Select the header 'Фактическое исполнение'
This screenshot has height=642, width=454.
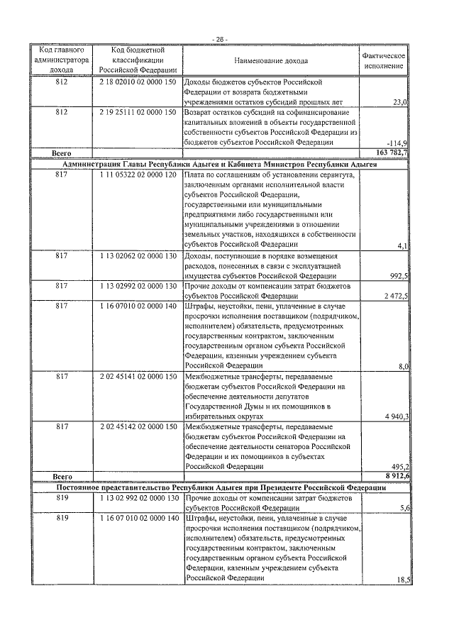384,61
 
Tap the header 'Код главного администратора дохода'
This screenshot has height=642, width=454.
61,61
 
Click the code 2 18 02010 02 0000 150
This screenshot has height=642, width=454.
138,82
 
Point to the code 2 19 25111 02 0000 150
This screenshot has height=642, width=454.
138,112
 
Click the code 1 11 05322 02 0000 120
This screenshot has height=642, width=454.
138,175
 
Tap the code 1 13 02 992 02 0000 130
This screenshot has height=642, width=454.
138,499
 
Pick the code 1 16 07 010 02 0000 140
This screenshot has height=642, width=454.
138,519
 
